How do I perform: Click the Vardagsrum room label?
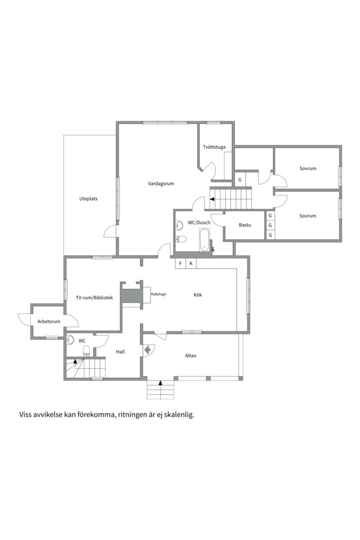161,183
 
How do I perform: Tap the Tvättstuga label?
214,147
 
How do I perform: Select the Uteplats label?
88,198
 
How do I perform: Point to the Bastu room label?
245,225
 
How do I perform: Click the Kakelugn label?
158,294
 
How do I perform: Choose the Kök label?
197,295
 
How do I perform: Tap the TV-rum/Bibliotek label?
94,297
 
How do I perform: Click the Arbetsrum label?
49,321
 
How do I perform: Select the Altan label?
190,356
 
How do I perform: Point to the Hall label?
120,351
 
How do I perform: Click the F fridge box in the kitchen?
180,264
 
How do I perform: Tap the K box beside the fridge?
191,264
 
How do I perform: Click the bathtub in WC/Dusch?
204,239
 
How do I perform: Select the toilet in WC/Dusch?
181,239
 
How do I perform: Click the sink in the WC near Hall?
70,340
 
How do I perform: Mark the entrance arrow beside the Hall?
147,350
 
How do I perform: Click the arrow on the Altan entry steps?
160,382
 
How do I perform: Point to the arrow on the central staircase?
212,199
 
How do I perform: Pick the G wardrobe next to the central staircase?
240,180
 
